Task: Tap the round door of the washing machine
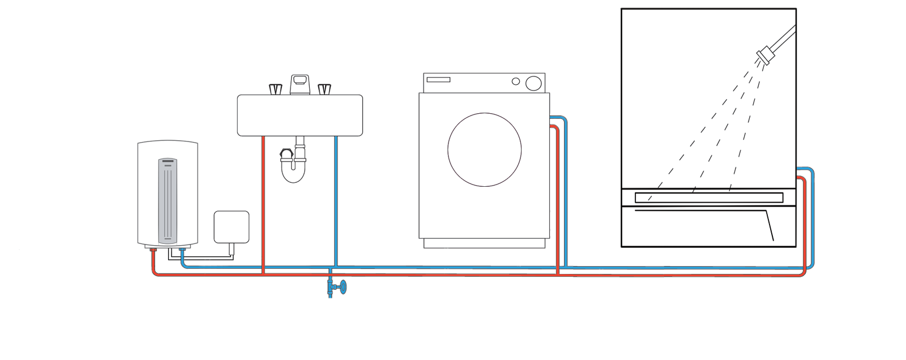pos(484,149)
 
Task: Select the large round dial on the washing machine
pos(533,83)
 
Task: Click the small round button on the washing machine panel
pos(516,82)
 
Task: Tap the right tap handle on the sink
pos(324,89)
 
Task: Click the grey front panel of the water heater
pos(168,202)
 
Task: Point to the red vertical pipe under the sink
pos(264,204)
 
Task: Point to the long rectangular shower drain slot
pos(709,198)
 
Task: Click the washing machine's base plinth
pos(485,243)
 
